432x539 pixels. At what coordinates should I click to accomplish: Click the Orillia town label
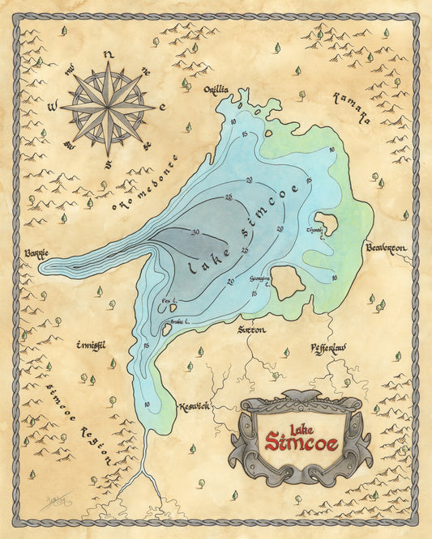click(x=216, y=90)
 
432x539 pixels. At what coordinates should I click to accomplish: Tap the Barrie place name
click(x=36, y=253)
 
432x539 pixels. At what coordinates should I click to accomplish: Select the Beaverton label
click(x=391, y=247)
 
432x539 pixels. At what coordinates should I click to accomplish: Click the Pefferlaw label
click(x=328, y=348)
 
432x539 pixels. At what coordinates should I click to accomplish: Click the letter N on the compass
click(x=108, y=56)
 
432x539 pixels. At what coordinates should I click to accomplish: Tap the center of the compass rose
click(x=108, y=107)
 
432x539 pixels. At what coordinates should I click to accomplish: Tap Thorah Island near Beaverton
click(x=327, y=223)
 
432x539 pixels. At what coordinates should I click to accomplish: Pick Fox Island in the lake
click(x=172, y=308)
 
